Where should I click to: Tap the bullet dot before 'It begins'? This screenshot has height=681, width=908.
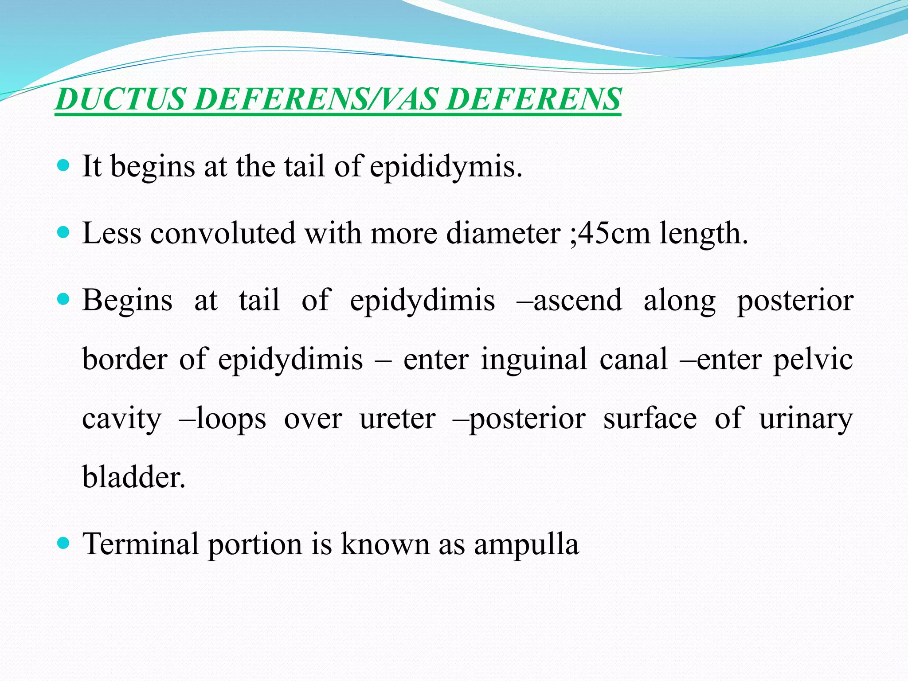point(64,166)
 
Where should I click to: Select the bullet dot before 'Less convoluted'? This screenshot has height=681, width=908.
point(64,232)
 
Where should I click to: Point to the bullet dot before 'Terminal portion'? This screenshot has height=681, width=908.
point(64,543)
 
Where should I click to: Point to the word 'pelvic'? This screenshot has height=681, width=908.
point(813,359)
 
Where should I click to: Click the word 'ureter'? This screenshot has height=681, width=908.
point(398,418)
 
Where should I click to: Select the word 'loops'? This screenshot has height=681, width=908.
point(231,418)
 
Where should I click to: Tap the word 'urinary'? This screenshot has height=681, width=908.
point(806,419)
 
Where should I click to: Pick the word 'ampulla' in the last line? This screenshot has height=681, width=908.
point(526,544)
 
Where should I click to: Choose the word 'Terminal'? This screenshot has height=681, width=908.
point(141,544)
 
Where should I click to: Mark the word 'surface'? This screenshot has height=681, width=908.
point(650,418)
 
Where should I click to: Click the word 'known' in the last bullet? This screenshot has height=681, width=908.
point(385,544)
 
